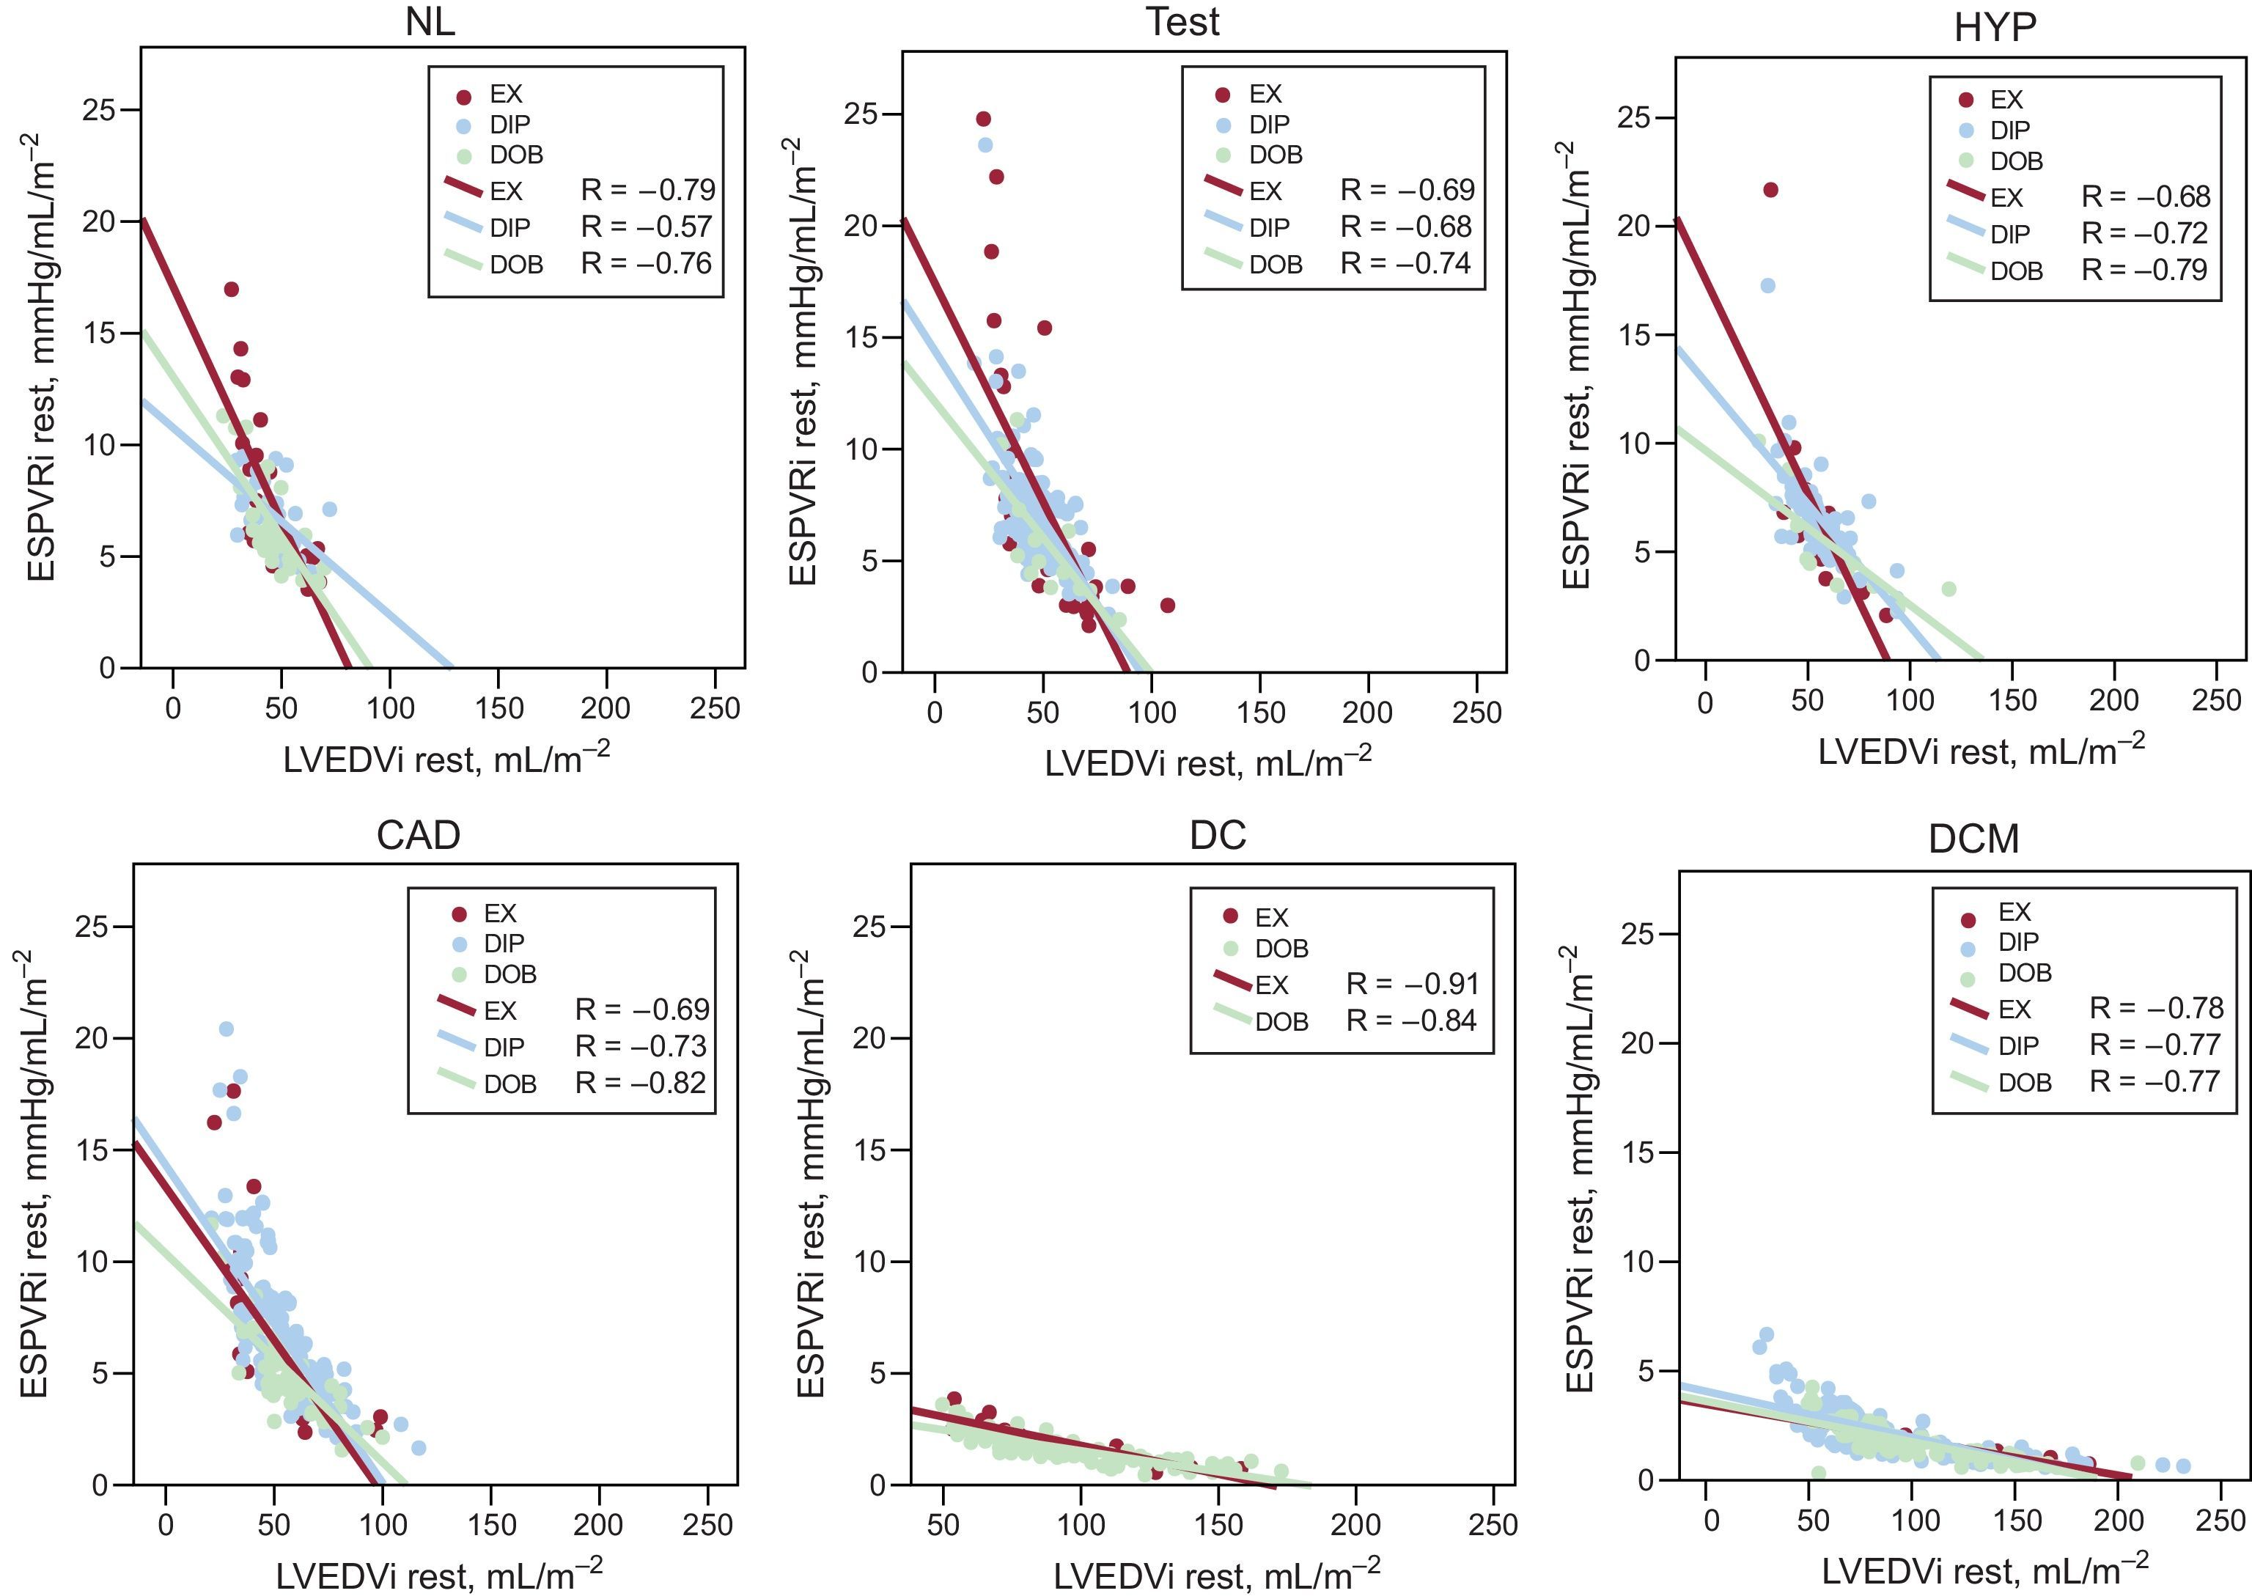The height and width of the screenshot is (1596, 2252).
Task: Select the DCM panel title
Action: click(x=1973, y=838)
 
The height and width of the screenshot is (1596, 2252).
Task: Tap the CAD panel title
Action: click(x=418, y=835)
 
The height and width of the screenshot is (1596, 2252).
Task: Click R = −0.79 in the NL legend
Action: click(x=647, y=190)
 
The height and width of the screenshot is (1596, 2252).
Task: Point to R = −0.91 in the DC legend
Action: click(x=1411, y=984)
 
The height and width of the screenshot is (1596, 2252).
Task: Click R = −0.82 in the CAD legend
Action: click(x=641, y=1083)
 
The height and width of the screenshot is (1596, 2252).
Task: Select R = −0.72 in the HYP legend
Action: click(x=2145, y=233)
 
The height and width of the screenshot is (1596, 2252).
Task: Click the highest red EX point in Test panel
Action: click(x=982, y=119)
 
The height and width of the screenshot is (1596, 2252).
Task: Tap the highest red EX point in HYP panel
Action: click(x=1770, y=190)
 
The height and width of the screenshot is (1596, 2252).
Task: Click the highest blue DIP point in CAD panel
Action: click(x=226, y=1029)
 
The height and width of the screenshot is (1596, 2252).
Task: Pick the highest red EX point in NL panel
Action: click(x=232, y=289)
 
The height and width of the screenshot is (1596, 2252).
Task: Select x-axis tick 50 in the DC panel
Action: click(x=943, y=1525)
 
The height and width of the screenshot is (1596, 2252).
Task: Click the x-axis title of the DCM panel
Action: click(x=1984, y=1568)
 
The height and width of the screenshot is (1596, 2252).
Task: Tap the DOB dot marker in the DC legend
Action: click(x=1230, y=949)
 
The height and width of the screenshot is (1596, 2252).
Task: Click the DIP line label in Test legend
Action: click(x=1268, y=227)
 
